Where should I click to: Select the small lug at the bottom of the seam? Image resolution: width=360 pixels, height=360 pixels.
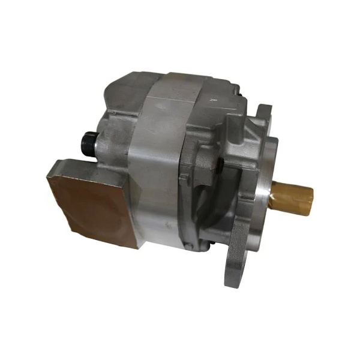point(191,240)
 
